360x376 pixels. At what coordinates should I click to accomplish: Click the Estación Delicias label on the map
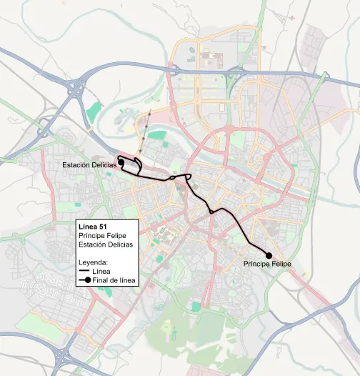point(89,165)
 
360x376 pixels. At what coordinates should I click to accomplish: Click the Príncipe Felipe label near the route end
point(267,264)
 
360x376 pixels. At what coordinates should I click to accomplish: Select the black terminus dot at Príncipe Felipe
point(269,255)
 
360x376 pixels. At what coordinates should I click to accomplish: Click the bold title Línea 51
point(92,227)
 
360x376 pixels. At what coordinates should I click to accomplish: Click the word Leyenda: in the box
point(93,262)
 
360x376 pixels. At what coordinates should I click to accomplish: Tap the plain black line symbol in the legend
point(84,272)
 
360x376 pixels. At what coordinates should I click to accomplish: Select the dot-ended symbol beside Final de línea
point(84,280)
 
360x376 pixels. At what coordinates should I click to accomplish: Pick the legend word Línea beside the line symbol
point(101,272)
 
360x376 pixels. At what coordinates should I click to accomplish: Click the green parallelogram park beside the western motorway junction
point(94,112)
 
